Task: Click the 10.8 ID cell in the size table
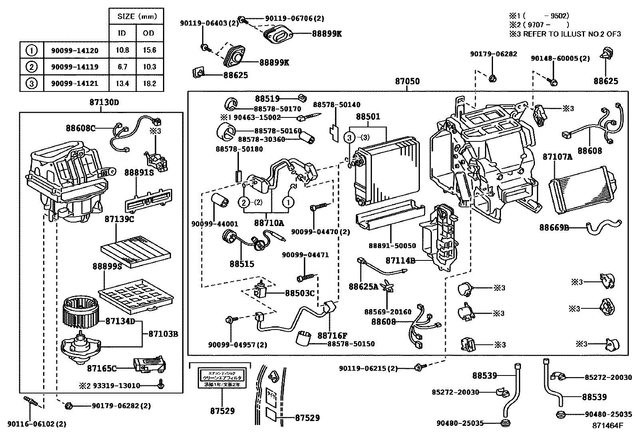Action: [x=122, y=50]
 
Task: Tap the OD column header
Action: [x=149, y=33]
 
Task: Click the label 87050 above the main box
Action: [x=407, y=81]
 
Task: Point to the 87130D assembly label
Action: [x=104, y=102]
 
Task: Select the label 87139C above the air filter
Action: [x=119, y=219]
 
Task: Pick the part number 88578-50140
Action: [x=336, y=105]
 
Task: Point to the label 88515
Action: [x=242, y=264]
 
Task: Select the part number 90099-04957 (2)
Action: [x=237, y=344]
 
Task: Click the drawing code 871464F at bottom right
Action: [x=607, y=425]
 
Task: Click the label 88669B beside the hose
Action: [x=554, y=227]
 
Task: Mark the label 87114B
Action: [x=400, y=260]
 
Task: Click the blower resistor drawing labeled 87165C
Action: [x=151, y=364]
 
